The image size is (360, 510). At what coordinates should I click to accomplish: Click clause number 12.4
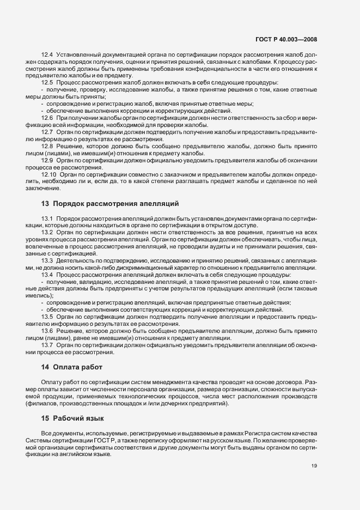coord(47,56)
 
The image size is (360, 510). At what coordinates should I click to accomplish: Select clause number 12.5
coord(47,81)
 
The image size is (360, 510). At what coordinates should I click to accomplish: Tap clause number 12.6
coord(47,118)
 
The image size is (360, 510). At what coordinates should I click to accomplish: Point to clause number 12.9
coord(47,160)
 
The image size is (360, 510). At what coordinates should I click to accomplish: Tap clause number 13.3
coord(47,260)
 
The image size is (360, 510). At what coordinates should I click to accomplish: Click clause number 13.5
coord(47,317)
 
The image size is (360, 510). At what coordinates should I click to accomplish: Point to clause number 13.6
coord(47,331)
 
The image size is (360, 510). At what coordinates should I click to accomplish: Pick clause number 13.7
coord(47,345)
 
